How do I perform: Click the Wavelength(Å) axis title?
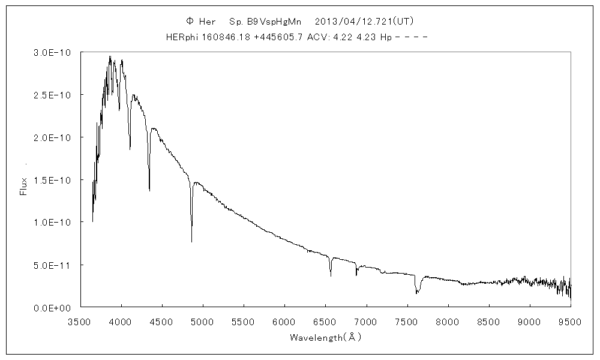click(x=325, y=338)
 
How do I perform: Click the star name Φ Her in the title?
click(x=201, y=21)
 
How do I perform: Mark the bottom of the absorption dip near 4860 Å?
click(x=191, y=241)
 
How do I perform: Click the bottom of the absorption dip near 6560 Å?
click(x=331, y=275)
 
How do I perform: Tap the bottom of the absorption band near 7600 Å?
click(x=416, y=293)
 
